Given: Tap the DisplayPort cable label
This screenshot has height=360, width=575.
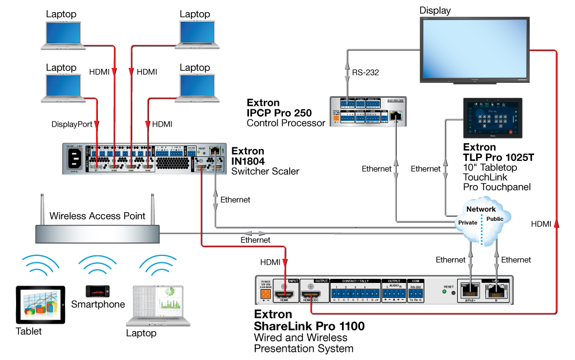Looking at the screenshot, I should [72, 124].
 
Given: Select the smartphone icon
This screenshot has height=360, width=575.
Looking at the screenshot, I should [97, 290].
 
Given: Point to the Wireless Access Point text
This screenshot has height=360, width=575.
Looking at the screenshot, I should [97, 216].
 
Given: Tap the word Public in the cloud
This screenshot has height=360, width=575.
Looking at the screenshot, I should [495, 219].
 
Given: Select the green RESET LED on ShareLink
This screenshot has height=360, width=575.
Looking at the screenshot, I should [444, 292].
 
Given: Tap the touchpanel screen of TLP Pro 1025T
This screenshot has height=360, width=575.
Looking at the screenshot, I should [493, 118].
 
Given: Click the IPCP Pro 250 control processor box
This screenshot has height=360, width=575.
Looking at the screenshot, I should [369, 112].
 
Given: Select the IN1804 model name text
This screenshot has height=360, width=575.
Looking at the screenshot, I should [248, 162].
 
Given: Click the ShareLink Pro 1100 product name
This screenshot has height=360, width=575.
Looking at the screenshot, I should [309, 327].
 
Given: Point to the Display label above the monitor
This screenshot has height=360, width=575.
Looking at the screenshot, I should [435, 10].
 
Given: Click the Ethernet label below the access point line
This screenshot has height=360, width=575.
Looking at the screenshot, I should [255, 240].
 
